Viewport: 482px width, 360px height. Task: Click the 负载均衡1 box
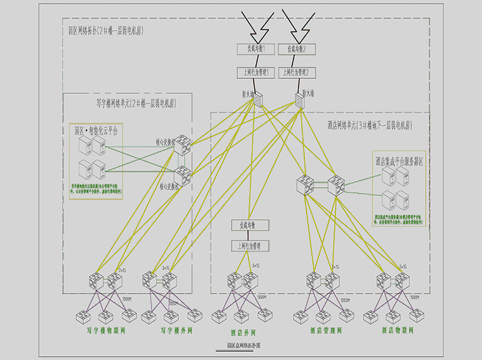(x=255, y=49)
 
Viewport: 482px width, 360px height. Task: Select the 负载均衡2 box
(x=299, y=49)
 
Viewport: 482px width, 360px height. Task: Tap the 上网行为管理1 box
(x=255, y=73)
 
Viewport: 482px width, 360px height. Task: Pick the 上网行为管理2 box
(x=299, y=73)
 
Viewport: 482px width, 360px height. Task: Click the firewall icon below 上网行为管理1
(x=259, y=98)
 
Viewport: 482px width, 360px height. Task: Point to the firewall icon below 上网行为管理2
(x=300, y=98)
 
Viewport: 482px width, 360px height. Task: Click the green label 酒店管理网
(x=326, y=330)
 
